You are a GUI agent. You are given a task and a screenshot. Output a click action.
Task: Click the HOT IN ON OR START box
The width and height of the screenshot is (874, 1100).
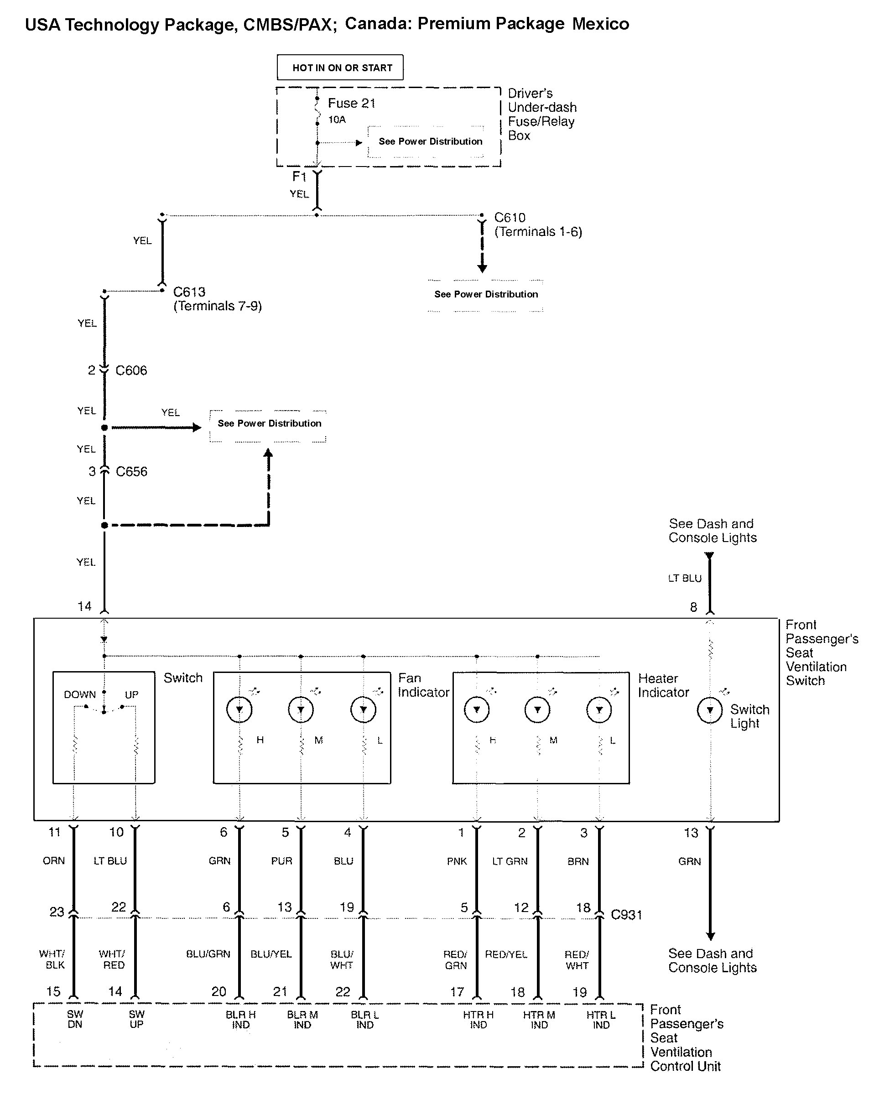click(x=340, y=68)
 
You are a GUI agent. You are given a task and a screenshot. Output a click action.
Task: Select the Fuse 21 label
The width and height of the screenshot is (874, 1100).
click(x=352, y=104)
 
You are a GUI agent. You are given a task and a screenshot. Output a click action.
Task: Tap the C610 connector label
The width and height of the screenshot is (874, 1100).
click(x=510, y=218)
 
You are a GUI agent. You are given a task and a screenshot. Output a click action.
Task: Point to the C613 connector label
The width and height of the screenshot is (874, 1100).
click(x=189, y=292)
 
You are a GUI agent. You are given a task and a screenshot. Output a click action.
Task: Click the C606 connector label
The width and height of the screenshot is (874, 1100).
click(x=131, y=370)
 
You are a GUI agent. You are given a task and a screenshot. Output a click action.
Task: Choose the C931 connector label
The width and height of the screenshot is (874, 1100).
click(x=626, y=914)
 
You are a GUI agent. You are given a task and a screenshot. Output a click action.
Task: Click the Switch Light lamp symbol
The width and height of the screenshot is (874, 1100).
click(x=710, y=710)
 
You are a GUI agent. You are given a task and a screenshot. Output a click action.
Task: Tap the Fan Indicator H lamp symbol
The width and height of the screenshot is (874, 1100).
click(x=239, y=710)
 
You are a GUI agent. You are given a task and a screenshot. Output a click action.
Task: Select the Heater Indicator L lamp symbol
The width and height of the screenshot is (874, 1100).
click(x=599, y=710)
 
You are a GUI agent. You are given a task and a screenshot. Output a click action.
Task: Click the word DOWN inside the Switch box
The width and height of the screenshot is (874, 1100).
click(x=79, y=695)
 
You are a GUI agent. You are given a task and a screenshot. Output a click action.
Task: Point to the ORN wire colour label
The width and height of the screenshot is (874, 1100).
click(x=53, y=861)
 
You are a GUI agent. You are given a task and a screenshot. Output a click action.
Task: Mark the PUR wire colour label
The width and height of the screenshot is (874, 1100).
click(x=281, y=861)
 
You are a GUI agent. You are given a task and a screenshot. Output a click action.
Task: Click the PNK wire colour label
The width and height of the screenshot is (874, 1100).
click(x=457, y=861)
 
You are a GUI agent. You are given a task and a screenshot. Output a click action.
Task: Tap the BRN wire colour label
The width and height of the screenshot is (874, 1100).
click(x=578, y=861)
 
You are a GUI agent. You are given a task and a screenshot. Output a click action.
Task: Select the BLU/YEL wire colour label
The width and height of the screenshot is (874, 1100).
click(x=271, y=954)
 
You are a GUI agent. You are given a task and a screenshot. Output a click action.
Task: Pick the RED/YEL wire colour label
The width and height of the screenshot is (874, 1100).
click(x=506, y=954)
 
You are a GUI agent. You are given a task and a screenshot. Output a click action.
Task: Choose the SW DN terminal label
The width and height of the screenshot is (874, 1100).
click(x=75, y=1019)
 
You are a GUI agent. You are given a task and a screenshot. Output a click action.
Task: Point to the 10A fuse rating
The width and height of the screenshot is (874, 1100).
click(x=337, y=120)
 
